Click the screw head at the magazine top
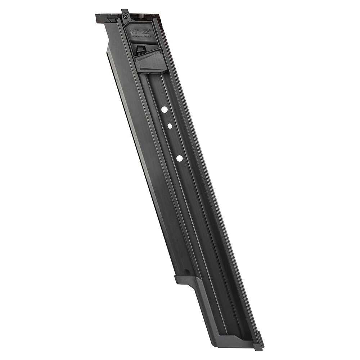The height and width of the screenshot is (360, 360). pyautogui.click(x=125, y=16)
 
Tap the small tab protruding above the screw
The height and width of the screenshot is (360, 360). pyautogui.click(x=123, y=11)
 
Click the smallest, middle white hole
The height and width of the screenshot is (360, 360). pyautogui.click(x=169, y=126)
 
